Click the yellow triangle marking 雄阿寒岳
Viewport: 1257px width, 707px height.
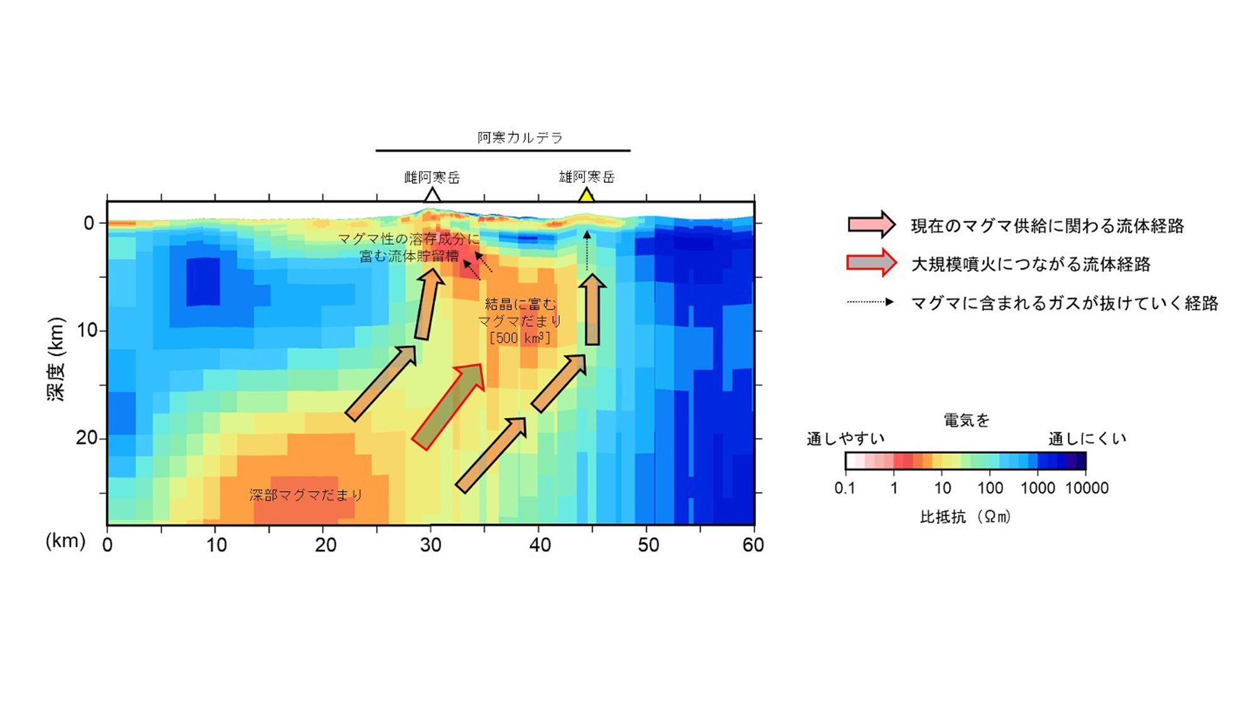[586, 196]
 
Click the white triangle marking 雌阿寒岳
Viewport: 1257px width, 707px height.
[432, 195]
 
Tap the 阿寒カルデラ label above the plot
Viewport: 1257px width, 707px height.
[520, 138]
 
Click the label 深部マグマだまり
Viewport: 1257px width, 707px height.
[305, 495]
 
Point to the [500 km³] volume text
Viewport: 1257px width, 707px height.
[520, 338]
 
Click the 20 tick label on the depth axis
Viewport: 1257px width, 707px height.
[86, 437]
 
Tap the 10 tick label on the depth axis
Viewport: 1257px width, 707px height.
[87, 330]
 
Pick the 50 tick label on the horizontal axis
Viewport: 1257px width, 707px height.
[648, 544]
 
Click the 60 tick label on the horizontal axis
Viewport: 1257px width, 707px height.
[753, 544]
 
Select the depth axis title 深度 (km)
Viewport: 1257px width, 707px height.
[57, 359]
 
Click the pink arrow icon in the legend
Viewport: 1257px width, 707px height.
[871, 224]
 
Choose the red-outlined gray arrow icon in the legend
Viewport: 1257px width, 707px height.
[871, 263]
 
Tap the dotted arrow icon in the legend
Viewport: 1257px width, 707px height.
[870, 302]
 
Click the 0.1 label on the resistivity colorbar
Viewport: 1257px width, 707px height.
[845, 488]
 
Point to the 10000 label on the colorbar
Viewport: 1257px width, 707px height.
[1087, 488]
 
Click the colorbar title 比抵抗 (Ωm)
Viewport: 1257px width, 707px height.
[965, 517]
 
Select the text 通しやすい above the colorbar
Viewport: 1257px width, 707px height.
[845, 439]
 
